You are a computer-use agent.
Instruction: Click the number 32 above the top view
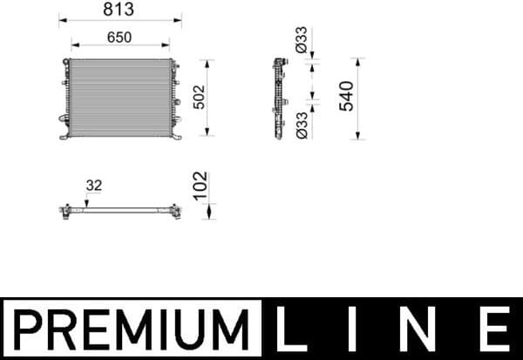pyautogui.click(x=92, y=185)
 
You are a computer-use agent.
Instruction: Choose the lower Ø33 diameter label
pyautogui.click(x=302, y=124)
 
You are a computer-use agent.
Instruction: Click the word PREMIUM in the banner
pyautogui.click(x=131, y=329)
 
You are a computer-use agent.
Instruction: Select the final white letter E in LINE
pyautogui.click(x=494, y=329)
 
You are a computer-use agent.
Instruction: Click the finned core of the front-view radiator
pyautogui.click(x=119, y=96)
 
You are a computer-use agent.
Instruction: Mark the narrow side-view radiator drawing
pyautogui.click(x=279, y=96)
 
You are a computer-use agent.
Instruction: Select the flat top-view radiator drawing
pyautogui.click(x=119, y=210)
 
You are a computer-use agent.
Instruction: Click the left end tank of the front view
pyautogui.click(x=66, y=96)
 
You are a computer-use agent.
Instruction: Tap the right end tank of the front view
pyautogui.click(x=173, y=96)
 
